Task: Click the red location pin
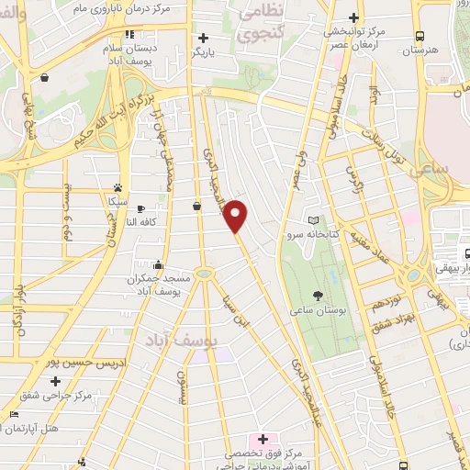237,216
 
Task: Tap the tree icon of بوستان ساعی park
319,296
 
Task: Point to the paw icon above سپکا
117,185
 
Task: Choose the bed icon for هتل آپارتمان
12,415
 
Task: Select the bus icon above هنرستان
420,37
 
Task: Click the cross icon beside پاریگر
203,39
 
